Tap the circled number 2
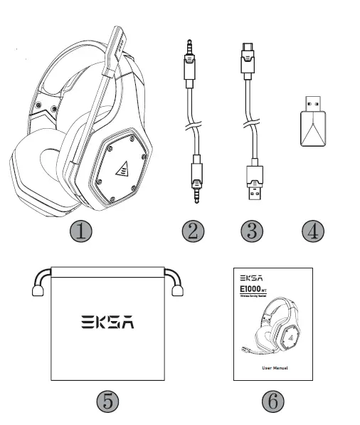pyautogui.click(x=194, y=231)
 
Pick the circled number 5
pyautogui.click(x=107, y=402)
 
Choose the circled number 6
pyautogui.click(x=272, y=402)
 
